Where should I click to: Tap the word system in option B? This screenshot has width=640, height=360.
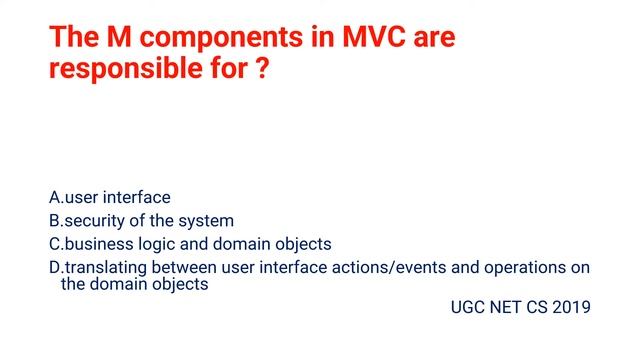(x=207, y=221)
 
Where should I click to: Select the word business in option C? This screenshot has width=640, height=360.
(x=98, y=244)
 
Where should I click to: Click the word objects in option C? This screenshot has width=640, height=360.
(x=301, y=244)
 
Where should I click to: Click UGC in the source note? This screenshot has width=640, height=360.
(x=469, y=307)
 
